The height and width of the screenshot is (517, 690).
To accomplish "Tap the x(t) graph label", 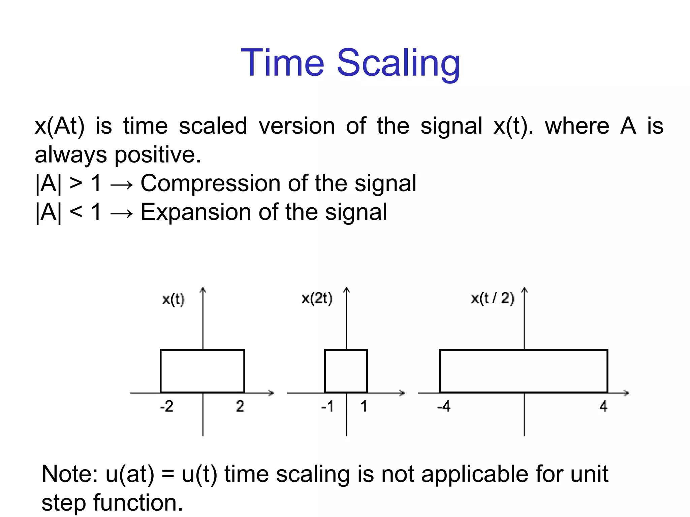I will pos(173,299).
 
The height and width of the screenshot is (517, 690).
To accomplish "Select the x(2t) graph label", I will pos(317,299).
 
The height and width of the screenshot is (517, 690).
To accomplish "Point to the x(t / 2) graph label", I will pos(493,299).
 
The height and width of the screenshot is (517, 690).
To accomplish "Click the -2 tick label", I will pos(167,407).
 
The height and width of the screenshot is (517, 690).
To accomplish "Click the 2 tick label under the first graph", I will pos(240,407).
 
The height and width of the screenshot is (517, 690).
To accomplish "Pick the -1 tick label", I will pos(327,407).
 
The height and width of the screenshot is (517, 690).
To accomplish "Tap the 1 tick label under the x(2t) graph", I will pos(364,407).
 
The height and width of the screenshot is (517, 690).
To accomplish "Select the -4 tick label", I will pos(444,407).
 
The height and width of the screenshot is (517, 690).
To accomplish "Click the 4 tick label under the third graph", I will pos(603,407).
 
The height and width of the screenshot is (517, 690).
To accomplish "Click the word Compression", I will pos(211,184).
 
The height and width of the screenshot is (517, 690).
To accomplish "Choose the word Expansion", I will pos(196,212).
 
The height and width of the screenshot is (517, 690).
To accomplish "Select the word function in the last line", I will pos(138,503).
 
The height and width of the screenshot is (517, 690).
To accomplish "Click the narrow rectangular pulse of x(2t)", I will pos(346,371).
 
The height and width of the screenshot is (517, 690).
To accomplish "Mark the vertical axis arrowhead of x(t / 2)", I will pos(524,290).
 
